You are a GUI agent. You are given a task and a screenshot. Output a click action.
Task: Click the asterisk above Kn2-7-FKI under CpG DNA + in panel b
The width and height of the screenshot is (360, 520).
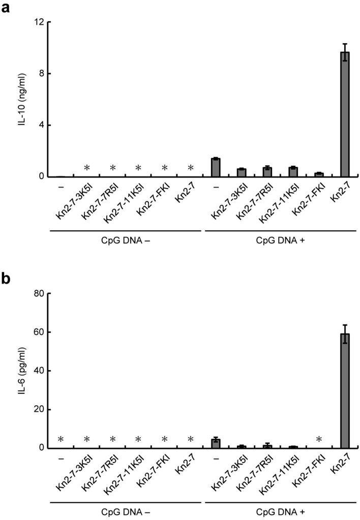pos(319,439)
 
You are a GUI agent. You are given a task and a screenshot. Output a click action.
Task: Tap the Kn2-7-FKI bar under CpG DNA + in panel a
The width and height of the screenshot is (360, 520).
pos(319,175)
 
